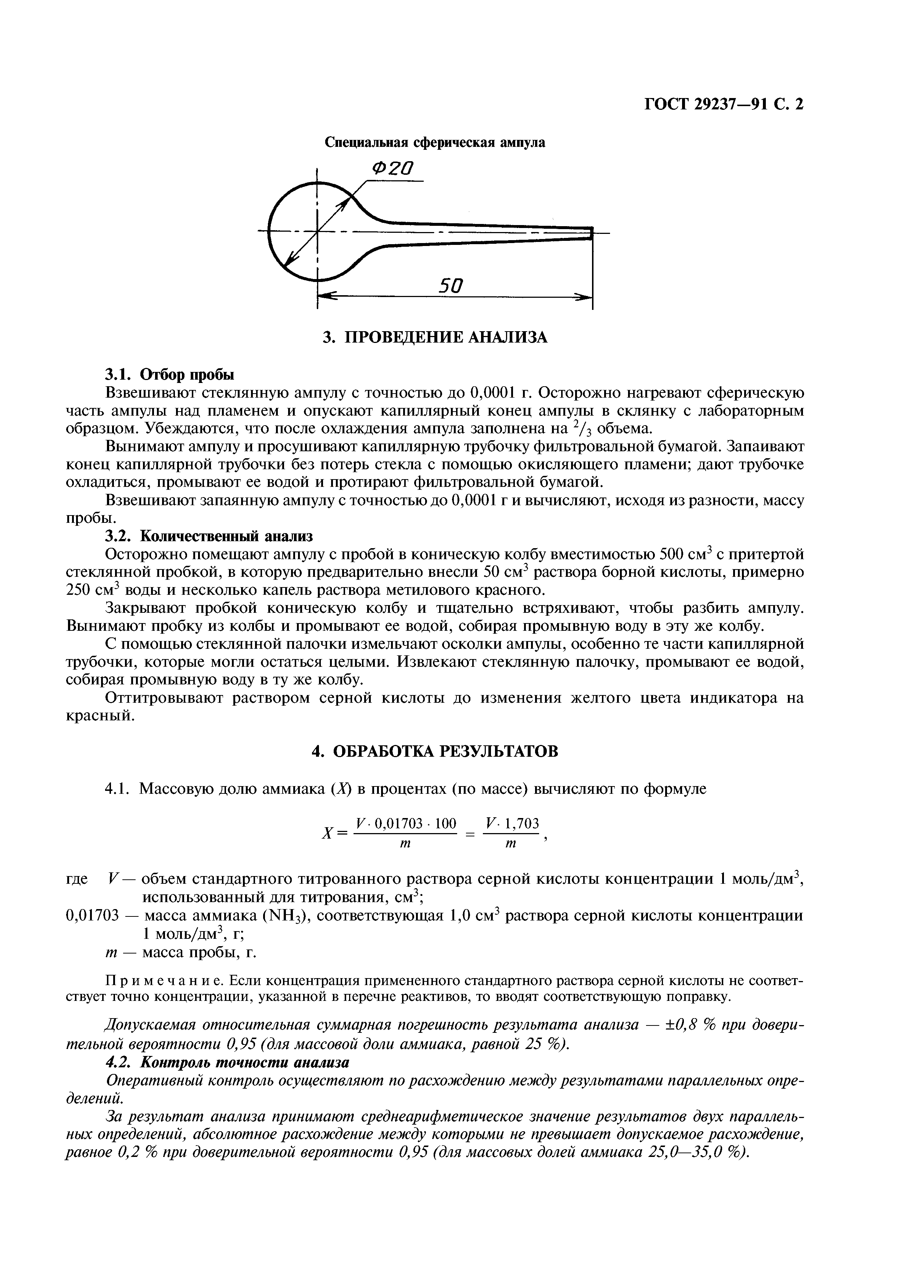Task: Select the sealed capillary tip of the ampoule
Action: pos(591,232)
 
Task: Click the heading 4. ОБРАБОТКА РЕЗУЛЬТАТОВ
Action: pos(435,751)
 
